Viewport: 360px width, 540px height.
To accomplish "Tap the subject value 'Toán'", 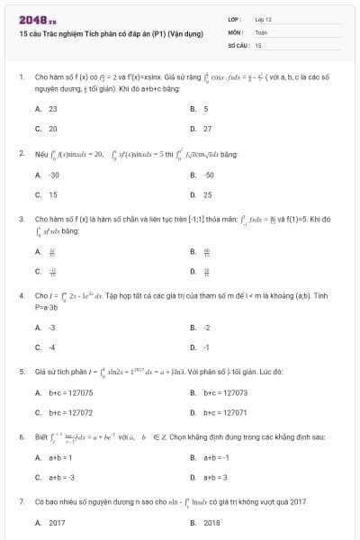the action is click(x=261, y=31).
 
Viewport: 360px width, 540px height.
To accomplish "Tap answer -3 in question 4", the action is click(x=52, y=328).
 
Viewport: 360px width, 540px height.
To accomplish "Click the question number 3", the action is click(x=21, y=219).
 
